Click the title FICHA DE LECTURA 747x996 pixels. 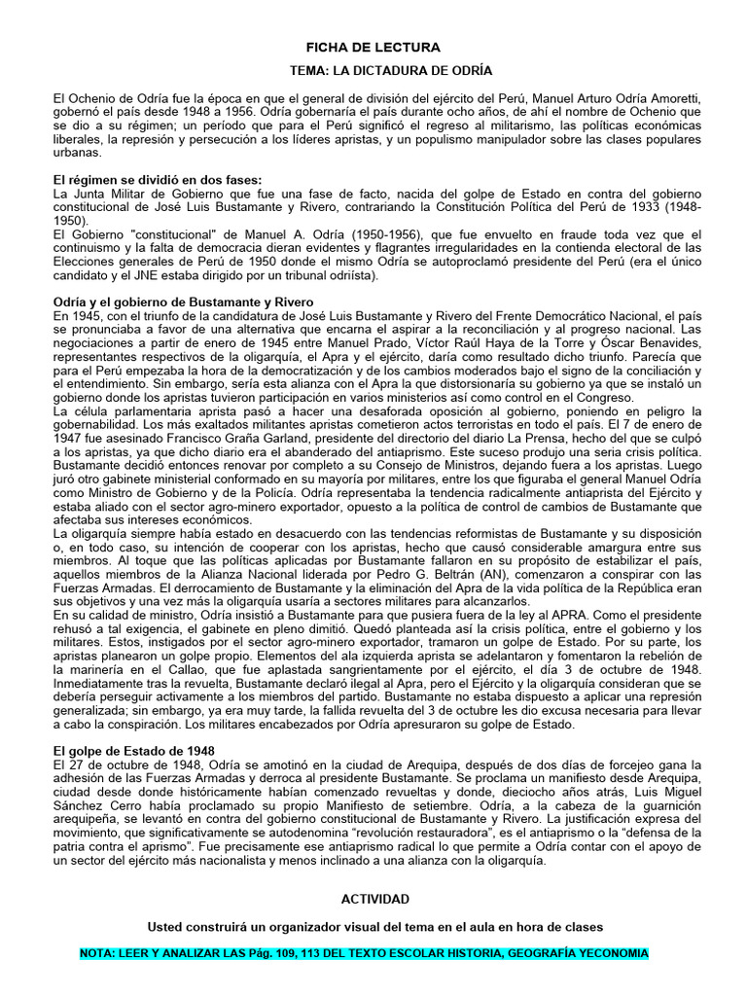point(373,47)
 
